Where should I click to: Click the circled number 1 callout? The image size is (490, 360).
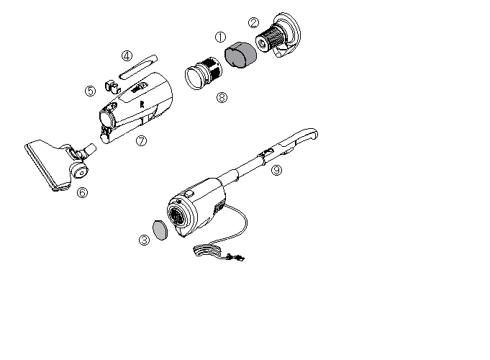[x=220, y=37]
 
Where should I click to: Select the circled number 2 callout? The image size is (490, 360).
[x=253, y=22]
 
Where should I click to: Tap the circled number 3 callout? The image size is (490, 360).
[x=144, y=240]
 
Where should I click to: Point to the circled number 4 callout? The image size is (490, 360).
[x=127, y=56]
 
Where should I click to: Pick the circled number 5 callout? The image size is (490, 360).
[x=91, y=91]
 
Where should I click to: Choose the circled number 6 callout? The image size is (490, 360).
[x=82, y=192]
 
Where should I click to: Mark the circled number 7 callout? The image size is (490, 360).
[x=141, y=140]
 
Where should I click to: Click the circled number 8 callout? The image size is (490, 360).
[x=222, y=97]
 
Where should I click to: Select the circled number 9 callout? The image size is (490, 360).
[x=276, y=170]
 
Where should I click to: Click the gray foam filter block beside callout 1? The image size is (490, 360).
[x=240, y=55]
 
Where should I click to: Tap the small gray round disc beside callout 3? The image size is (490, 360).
[x=160, y=230]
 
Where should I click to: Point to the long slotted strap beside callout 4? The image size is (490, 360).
[x=138, y=67]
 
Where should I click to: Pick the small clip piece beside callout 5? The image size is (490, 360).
[x=112, y=86]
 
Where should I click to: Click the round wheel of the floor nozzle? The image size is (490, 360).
[x=78, y=171]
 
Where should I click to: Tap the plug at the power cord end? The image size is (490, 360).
[x=236, y=258]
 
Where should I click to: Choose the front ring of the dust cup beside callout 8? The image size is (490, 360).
[x=194, y=78]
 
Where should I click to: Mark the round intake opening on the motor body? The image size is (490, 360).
[x=178, y=215]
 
